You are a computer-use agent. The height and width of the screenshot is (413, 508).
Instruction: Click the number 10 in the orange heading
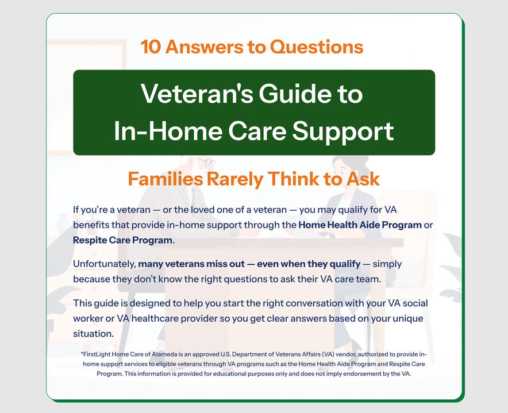[x=151, y=47]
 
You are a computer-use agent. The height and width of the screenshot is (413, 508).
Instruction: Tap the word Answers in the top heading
[x=204, y=47]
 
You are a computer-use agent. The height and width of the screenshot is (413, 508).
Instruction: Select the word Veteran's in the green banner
[x=197, y=94]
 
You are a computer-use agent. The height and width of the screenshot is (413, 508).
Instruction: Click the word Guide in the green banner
[x=294, y=94]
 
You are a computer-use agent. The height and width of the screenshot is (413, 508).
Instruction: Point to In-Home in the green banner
[x=168, y=131]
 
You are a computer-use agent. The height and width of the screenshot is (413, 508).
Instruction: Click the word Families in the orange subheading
[x=166, y=179]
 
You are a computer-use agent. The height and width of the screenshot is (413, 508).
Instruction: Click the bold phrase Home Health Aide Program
[x=360, y=225]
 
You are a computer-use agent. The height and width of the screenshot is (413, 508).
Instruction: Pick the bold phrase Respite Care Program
[x=123, y=240]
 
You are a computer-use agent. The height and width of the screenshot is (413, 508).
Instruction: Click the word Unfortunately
[x=105, y=264]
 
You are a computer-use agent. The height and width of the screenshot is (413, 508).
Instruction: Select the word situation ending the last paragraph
[x=93, y=334]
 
